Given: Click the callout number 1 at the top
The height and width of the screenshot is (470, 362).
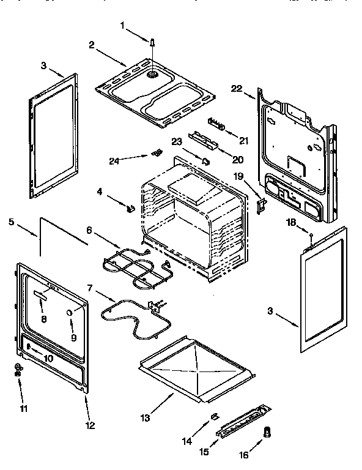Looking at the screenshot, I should (x=122, y=25).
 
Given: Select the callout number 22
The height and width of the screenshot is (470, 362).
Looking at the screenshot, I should (x=237, y=88).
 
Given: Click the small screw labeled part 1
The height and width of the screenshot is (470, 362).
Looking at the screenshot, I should (x=151, y=42).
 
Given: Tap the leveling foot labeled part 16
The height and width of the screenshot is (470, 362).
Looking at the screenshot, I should (x=267, y=432).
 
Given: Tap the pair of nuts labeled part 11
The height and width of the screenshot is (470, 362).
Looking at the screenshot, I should (x=18, y=369).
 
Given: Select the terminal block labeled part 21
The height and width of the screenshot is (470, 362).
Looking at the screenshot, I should (x=216, y=124).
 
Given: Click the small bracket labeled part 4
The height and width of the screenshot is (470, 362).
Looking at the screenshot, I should (x=130, y=208).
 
